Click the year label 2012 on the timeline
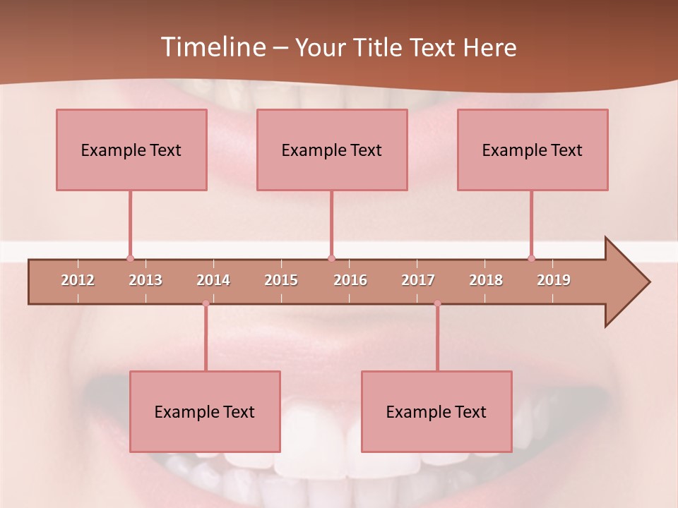click(78, 280)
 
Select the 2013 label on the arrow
click(145, 280)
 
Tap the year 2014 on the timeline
click(213, 280)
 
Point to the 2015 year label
click(281, 280)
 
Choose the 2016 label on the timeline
click(350, 280)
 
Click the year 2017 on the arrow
click(418, 280)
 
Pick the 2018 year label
click(486, 280)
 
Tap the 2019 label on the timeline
click(554, 280)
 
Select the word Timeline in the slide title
click(212, 47)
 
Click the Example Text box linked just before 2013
click(131, 150)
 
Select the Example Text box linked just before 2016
click(332, 150)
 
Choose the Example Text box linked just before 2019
click(533, 150)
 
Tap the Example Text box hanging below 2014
click(205, 411)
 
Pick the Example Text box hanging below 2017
click(436, 411)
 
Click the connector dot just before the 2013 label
click(130, 258)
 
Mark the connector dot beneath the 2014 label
click(206, 303)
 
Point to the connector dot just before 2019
click(531, 258)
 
